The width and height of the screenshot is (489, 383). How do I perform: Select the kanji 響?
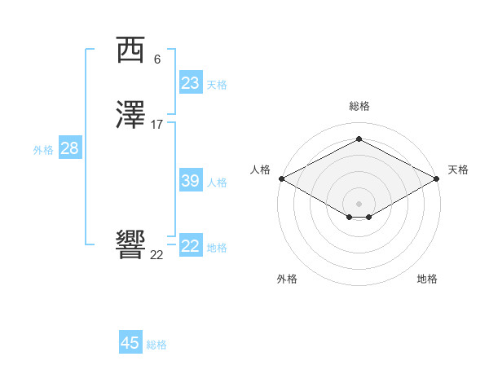131,244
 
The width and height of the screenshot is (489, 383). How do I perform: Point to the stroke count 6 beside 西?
157,59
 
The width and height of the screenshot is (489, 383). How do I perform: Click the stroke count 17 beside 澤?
157,125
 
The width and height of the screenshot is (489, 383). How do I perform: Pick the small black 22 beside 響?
156,254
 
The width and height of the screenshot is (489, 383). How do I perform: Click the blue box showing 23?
190,83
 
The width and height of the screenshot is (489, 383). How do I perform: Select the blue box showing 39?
190,181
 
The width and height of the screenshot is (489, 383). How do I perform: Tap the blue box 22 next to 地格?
190,246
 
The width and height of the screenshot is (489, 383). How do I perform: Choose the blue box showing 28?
69,148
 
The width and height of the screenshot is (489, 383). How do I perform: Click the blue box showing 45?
130,343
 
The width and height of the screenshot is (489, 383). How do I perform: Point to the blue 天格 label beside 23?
217,85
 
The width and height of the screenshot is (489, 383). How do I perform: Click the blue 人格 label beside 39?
217,183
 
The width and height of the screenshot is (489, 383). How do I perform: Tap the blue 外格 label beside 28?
43,150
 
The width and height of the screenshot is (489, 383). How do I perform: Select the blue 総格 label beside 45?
156,345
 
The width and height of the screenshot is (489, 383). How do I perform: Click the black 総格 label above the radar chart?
359,106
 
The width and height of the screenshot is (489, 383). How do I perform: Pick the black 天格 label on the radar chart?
459,169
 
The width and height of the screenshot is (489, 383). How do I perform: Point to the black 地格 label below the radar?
427,279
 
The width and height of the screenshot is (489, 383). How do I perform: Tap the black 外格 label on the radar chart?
287,279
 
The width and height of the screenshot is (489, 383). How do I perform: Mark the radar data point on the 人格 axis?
281,178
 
